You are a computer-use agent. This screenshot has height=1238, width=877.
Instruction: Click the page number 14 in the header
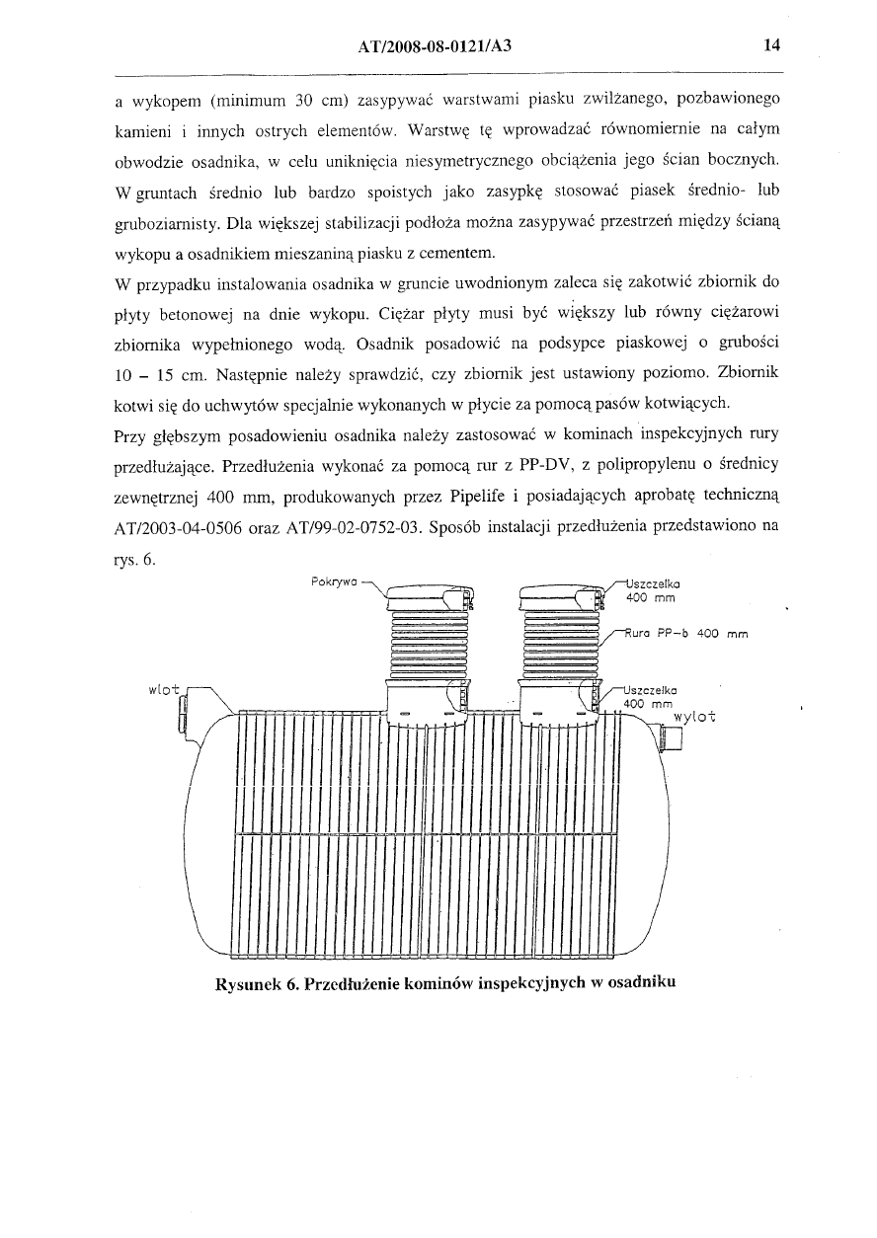click(771, 45)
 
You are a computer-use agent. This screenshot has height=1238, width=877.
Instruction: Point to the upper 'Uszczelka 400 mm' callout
click(653, 589)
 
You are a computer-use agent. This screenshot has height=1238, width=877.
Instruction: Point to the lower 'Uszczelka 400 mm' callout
click(652, 697)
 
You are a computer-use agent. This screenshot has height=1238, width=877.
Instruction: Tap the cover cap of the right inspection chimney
click(559, 596)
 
